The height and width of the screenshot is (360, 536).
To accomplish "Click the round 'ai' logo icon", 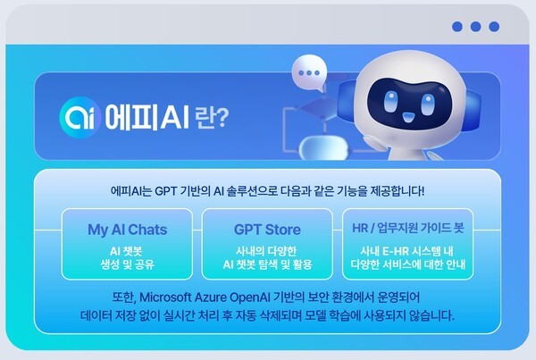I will (x=76, y=117).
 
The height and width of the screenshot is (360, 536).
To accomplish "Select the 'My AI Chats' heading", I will (x=127, y=230).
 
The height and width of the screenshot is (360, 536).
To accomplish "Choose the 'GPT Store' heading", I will (x=267, y=230).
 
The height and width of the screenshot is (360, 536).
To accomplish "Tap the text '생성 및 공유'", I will (x=128, y=264).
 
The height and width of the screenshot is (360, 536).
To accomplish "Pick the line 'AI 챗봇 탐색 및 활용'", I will (x=267, y=264).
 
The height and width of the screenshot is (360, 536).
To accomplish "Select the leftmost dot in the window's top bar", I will (x=458, y=27).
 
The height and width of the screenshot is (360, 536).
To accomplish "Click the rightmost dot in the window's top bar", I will (x=494, y=27).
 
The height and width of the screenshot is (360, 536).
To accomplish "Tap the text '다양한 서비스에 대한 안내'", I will (x=407, y=264).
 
